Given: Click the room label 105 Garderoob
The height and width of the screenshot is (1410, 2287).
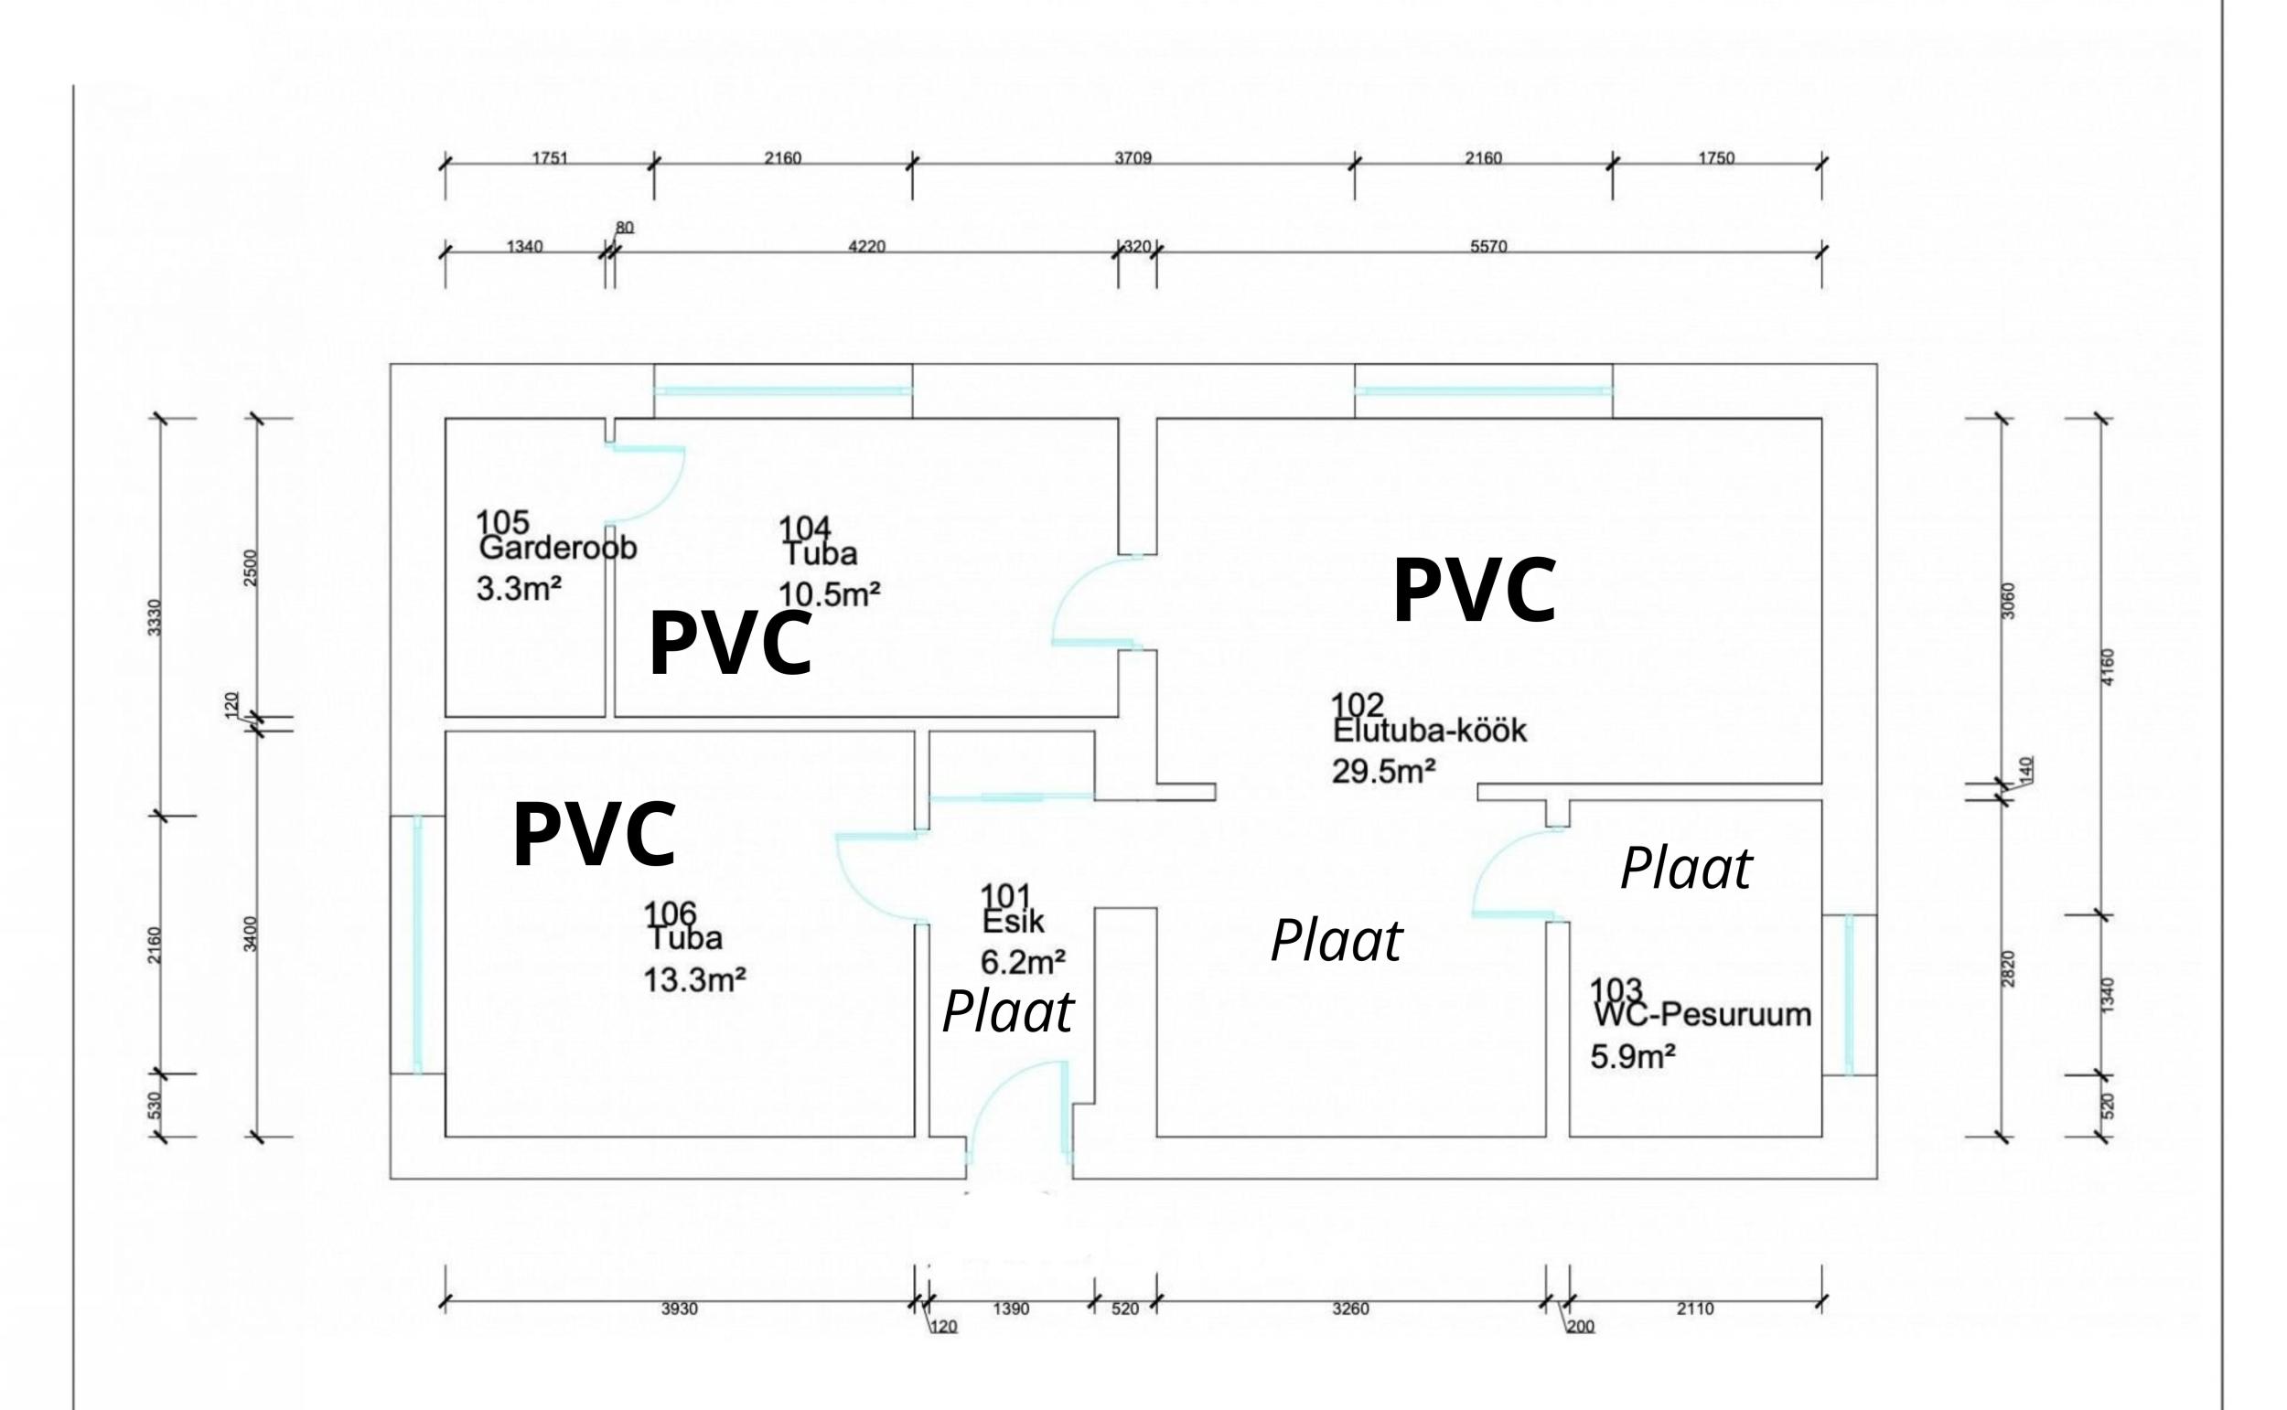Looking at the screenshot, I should click(557, 536).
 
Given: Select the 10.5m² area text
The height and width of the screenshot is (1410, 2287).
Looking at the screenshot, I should click(829, 594).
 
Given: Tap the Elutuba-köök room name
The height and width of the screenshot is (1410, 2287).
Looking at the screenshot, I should click(1429, 731).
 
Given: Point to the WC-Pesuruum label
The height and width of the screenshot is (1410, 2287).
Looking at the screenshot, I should click(1702, 1014).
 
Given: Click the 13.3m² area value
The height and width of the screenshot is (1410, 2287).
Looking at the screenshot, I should click(695, 980).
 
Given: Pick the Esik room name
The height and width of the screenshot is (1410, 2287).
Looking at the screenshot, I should click(1013, 923).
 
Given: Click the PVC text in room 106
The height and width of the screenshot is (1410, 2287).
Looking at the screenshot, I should click(594, 836).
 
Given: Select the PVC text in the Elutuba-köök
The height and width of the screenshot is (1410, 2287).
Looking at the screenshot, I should click(1474, 592).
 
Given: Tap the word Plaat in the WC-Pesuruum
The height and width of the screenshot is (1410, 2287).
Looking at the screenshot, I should click(1685, 869).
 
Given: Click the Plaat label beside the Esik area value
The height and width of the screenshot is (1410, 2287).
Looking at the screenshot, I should click(1007, 1012).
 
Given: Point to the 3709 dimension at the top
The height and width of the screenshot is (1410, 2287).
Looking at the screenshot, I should click(1133, 158).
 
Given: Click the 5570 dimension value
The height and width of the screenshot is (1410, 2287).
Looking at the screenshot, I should click(1488, 247).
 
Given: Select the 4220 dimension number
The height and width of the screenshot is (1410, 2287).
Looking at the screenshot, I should click(866, 247).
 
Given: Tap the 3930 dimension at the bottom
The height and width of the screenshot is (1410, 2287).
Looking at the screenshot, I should click(679, 1309).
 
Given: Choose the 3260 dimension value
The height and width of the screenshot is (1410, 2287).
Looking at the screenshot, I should click(1350, 1309).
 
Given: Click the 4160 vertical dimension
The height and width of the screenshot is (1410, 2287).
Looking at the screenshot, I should click(2109, 667).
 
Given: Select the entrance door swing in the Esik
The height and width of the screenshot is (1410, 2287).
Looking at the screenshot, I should click(1016, 1110).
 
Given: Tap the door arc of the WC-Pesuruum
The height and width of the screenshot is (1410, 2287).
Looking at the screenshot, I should click(1511, 872).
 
